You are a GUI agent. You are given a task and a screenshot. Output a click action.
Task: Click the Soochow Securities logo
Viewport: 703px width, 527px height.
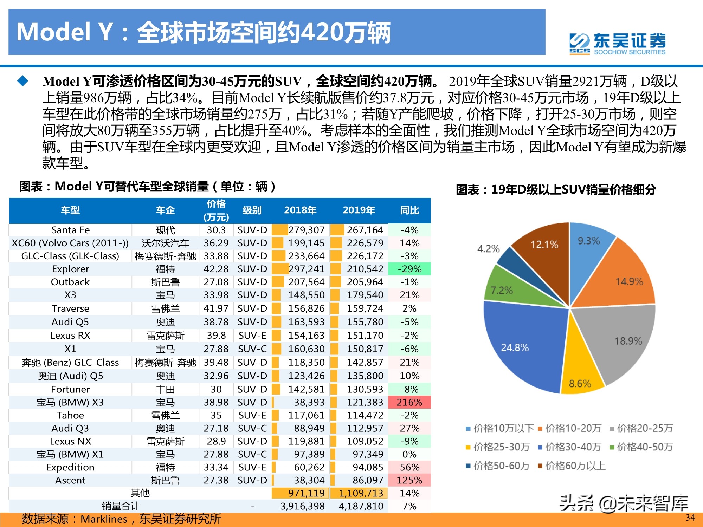point(617,44)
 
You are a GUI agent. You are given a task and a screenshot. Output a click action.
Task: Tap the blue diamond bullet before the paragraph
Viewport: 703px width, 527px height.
point(23,81)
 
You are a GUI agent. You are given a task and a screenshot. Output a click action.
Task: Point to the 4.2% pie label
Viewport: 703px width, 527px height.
point(488,249)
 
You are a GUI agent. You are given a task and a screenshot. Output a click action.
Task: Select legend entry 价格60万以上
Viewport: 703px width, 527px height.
point(572,466)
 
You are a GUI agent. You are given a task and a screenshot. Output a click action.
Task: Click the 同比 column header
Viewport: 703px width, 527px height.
point(409,210)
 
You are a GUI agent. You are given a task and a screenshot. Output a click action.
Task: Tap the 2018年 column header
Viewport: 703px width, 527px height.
point(300,210)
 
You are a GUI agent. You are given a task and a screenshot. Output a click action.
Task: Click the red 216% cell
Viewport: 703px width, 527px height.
point(409,402)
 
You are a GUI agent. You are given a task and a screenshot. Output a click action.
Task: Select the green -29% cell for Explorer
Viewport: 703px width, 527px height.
point(409,269)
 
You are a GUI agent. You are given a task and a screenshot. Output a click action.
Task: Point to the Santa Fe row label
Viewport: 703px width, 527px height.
point(70,230)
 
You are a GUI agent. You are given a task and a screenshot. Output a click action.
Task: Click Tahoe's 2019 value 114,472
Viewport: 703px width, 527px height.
point(365,415)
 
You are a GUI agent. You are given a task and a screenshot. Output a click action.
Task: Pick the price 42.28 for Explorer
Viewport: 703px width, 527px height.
point(216,269)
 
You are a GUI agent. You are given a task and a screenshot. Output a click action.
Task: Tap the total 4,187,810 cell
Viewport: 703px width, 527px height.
point(361,506)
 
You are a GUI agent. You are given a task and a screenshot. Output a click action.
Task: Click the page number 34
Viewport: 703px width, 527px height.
point(690,518)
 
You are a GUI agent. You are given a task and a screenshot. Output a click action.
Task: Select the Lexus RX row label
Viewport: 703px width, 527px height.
point(70,336)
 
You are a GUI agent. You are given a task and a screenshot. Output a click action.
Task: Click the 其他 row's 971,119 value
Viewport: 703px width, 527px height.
point(306,493)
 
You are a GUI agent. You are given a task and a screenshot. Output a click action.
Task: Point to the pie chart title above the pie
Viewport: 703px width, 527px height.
point(556,190)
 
